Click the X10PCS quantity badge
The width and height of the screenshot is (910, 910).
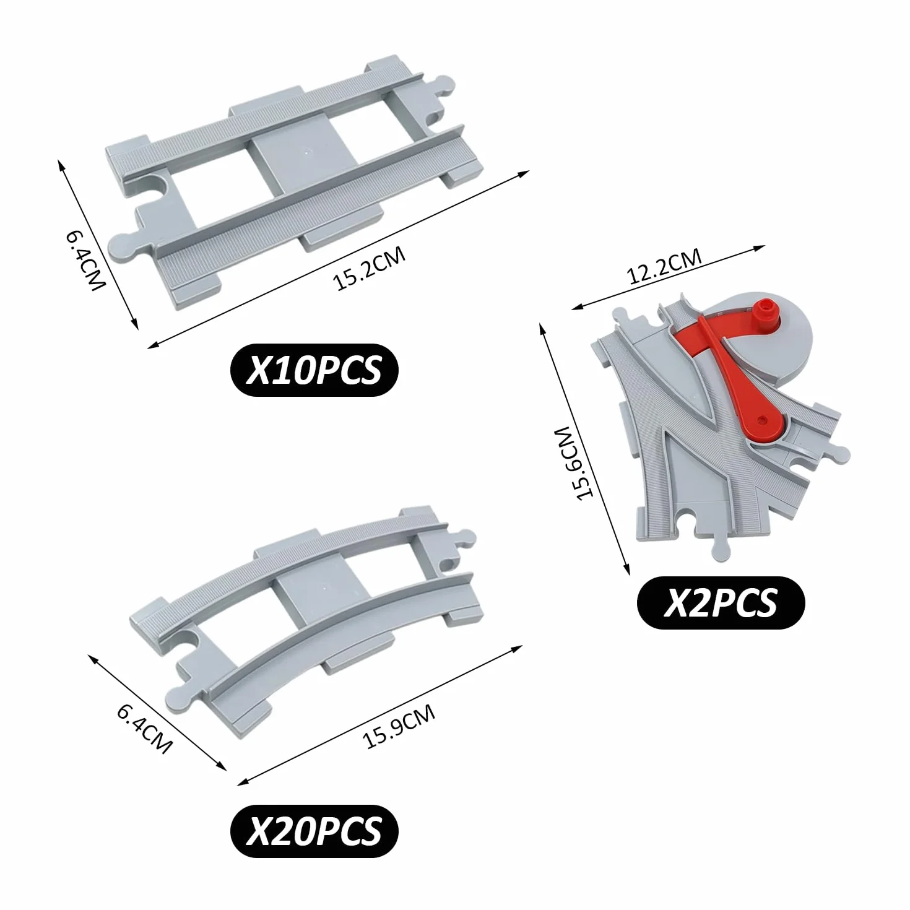coord(314,370)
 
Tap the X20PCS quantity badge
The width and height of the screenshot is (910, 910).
coord(314,831)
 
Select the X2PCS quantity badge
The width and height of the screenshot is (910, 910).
coord(721,602)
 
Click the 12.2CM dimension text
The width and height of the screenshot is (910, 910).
coord(664,267)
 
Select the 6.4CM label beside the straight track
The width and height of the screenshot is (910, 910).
coord(85,261)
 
